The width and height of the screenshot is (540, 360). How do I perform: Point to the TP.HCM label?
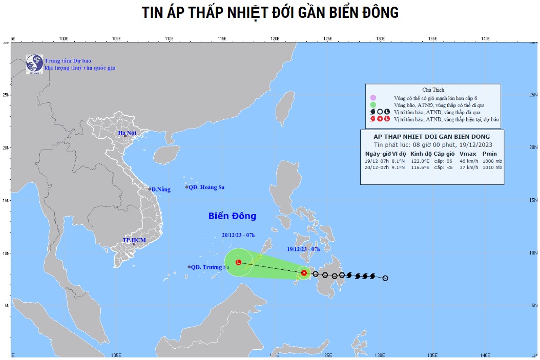(x=134, y=240)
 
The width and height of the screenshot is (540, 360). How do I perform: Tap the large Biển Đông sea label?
(x=232, y=216)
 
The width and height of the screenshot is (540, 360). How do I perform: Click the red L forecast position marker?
(x=238, y=262)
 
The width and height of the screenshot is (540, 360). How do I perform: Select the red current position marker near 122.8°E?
(x=304, y=273)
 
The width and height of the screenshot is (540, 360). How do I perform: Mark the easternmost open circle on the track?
(x=385, y=278)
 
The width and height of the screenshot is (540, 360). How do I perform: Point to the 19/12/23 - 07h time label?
(x=303, y=249)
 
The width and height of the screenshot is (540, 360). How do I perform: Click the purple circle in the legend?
(x=373, y=98)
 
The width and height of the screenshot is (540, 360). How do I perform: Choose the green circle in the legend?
(x=373, y=105)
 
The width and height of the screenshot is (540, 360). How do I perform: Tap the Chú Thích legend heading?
(x=432, y=89)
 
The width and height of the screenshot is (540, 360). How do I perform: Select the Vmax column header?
(x=467, y=154)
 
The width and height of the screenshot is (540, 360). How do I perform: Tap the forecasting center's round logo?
(x=34, y=63)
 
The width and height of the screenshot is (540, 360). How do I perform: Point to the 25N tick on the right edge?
(x=533, y=95)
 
